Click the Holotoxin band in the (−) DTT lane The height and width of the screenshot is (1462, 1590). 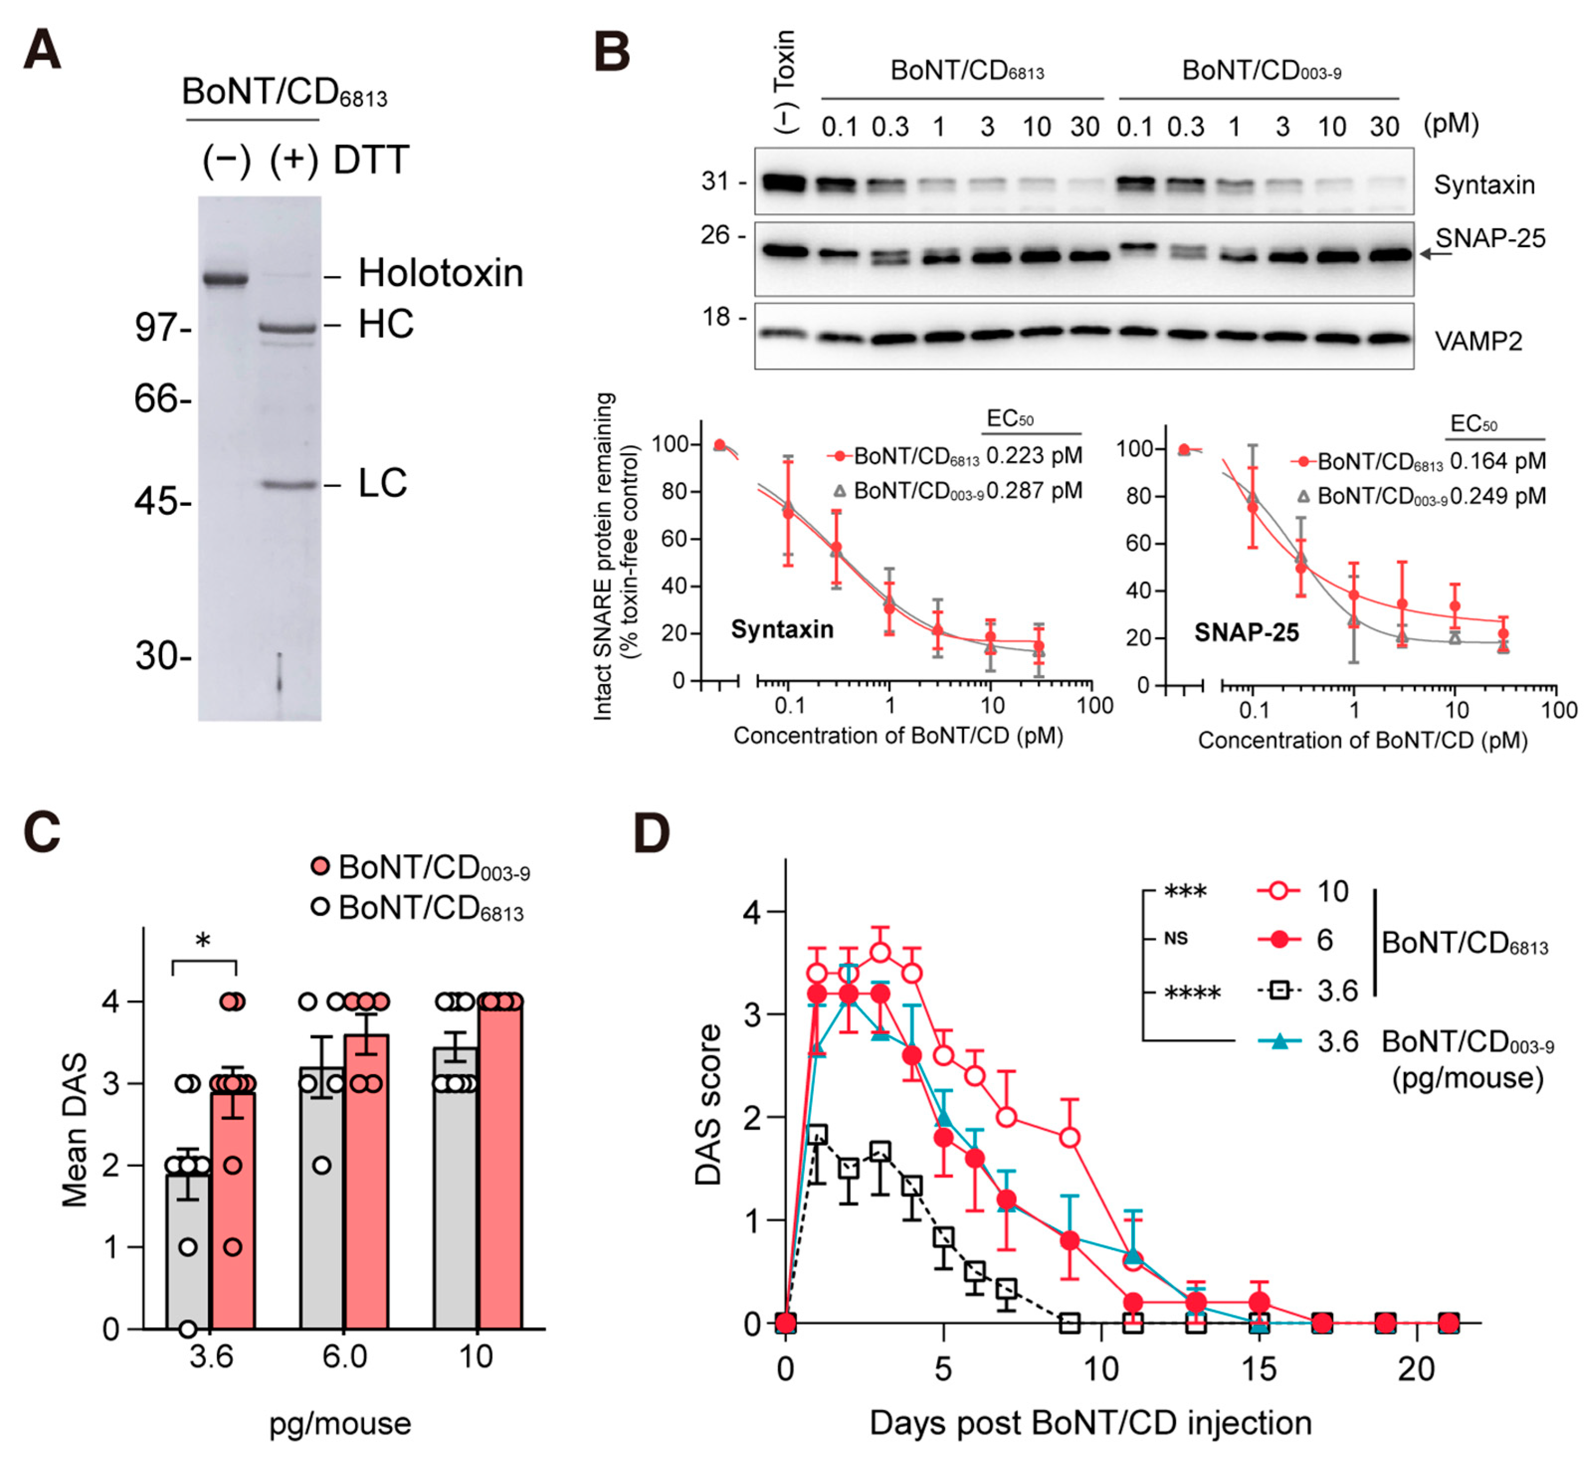click(x=225, y=279)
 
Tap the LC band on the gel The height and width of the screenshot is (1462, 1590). click(x=289, y=484)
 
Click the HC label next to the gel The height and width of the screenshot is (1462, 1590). click(x=385, y=324)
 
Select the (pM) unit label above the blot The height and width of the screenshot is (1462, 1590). click(x=1451, y=124)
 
